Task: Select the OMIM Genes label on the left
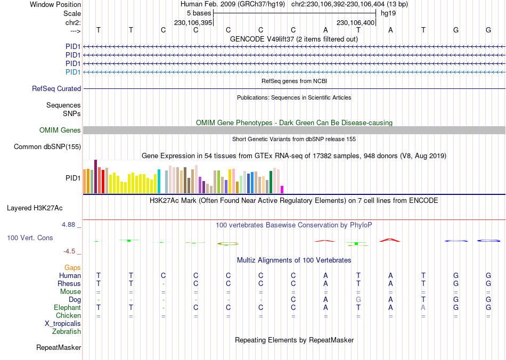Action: coord(60,130)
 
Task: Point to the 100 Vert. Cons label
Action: coord(30,238)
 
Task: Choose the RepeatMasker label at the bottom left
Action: coord(59,348)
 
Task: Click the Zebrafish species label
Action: coord(67,332)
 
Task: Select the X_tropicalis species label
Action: coord(63,324)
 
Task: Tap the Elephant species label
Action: coord(67,308)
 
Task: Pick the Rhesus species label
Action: coord(69,284)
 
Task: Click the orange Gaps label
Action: coord(72,267)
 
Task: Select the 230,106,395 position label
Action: coord(193,23)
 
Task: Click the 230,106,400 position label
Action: coord(356,23)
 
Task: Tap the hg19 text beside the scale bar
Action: coord(388,13)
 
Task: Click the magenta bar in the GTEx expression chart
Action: coord(282,189)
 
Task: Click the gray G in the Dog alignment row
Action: coord(358,300)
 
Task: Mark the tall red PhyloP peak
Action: coord(390,240)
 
